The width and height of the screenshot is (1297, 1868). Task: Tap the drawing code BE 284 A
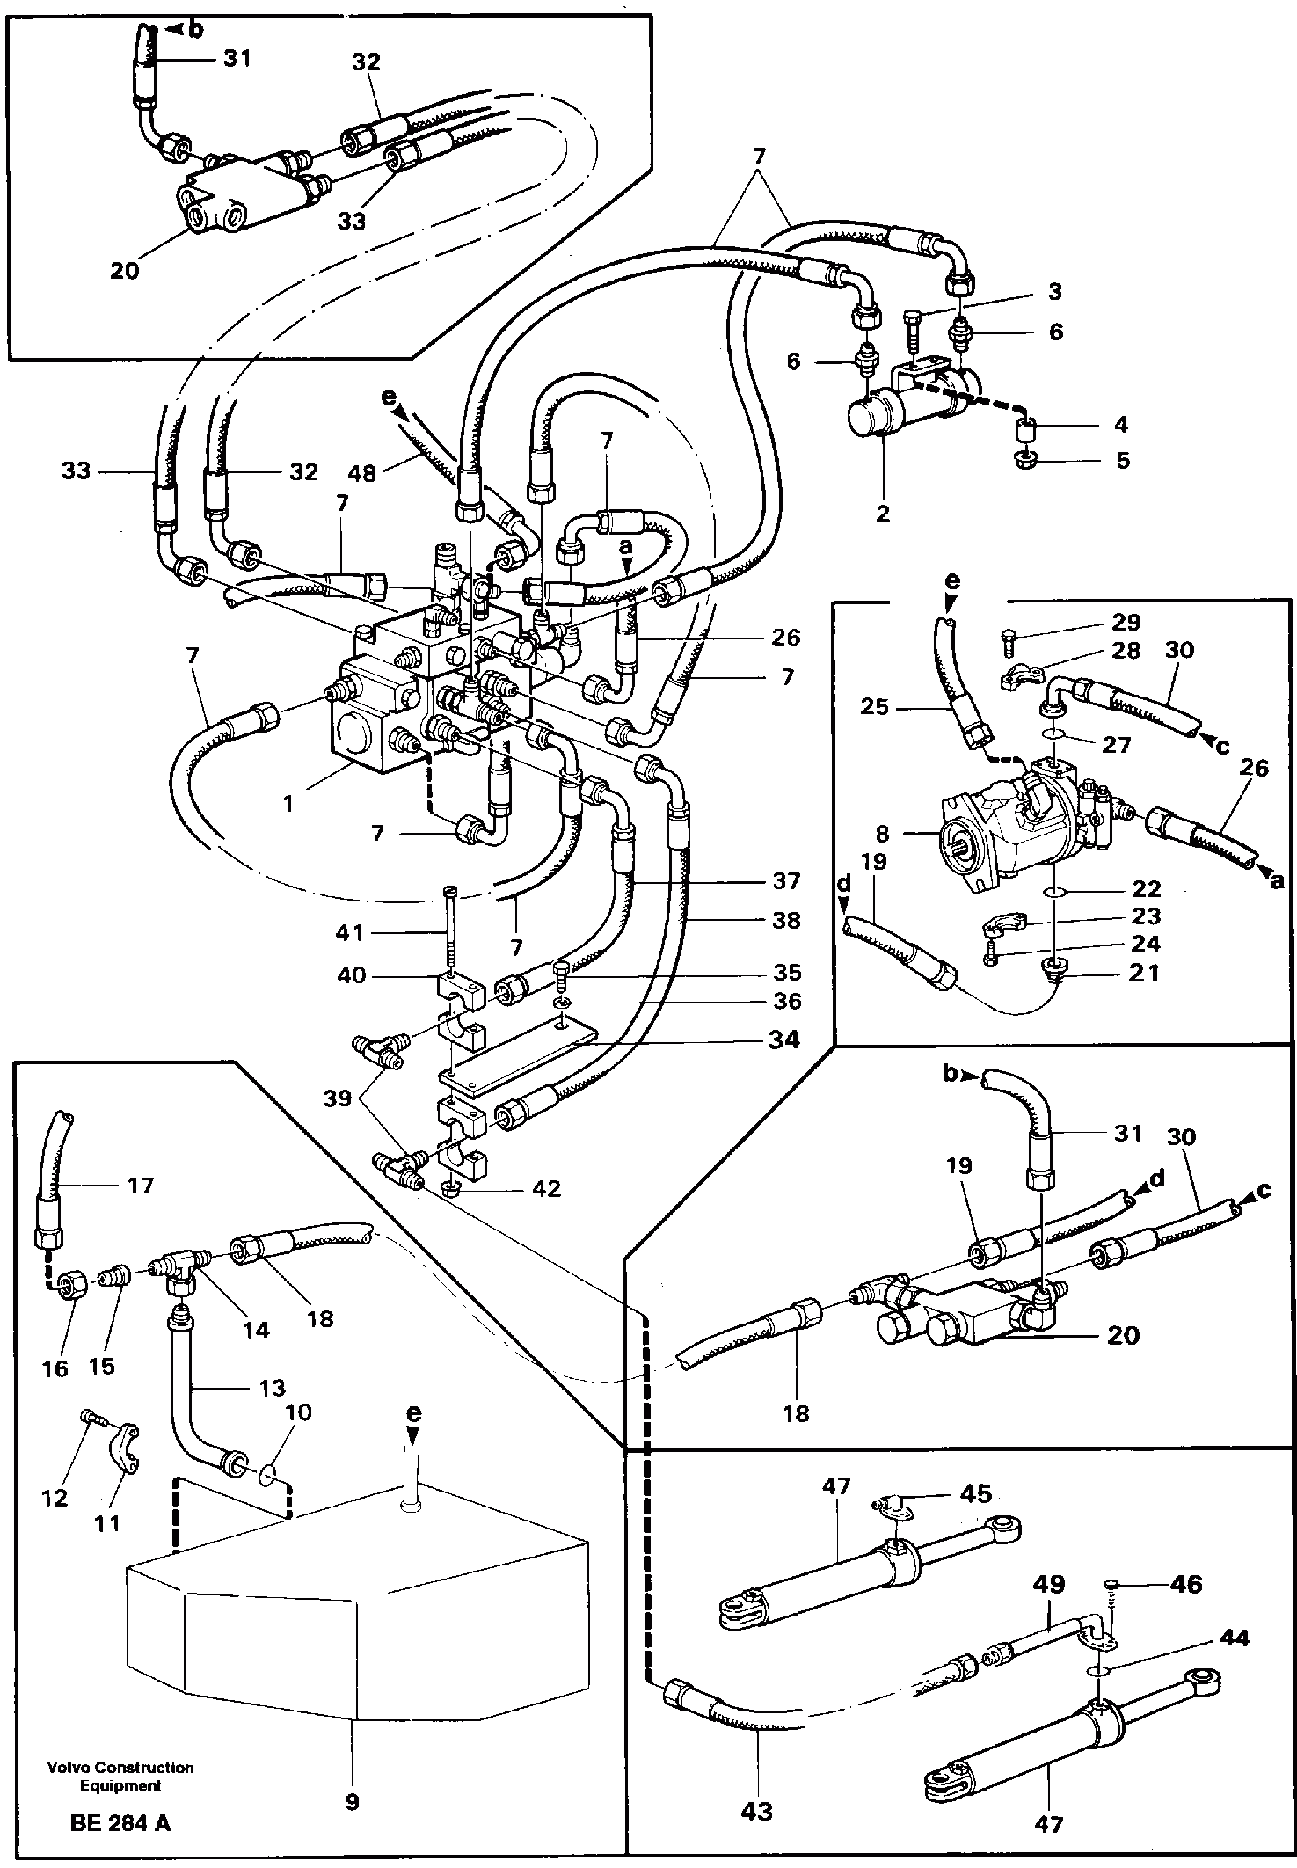[120, 1822]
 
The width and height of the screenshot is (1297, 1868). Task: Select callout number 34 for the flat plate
[783, 1040]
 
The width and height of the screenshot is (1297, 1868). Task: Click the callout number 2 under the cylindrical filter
[884, 513]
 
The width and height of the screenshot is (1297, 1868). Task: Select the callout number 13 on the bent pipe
[273, 1387]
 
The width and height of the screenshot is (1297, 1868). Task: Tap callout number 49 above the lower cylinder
[1050, 1584]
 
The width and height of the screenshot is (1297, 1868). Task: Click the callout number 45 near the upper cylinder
[976, 1492]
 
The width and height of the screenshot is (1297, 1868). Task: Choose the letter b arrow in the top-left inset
[188, 29]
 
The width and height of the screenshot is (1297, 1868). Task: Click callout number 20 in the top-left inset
[125, 270]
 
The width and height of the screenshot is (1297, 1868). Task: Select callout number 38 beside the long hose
[786, 920]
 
